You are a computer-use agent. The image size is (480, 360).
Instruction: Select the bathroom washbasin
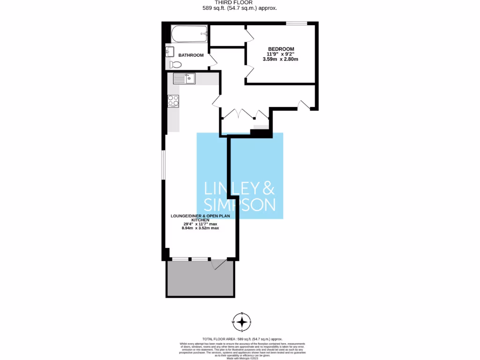tap(170, 51)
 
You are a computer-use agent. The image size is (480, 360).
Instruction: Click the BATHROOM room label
tap(191, 55)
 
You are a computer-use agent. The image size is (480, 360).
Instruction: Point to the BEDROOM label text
tap(281, 49)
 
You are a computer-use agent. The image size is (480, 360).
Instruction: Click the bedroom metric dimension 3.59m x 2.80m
tap(281, 60)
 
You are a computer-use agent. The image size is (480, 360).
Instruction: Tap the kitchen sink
tap(184, 78)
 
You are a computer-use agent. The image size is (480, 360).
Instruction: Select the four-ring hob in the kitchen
tap(173, 100)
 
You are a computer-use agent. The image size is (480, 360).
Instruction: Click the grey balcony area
tap(200, 278)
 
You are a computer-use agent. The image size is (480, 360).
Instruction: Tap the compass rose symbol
tap(242, 322)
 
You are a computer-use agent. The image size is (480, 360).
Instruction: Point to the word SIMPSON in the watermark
tap(240, 205)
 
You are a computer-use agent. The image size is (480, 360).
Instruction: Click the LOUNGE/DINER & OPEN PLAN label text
tap(201, 217)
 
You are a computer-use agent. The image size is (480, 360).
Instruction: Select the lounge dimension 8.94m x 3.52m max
tap(201, 228)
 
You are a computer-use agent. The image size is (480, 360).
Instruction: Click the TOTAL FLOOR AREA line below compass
tap(242, 338)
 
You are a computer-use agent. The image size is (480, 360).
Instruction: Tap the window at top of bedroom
tap(297, 23)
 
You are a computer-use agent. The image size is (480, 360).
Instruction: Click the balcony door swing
tap(218, 265)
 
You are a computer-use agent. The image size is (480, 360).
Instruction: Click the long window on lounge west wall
tap(164, 165)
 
